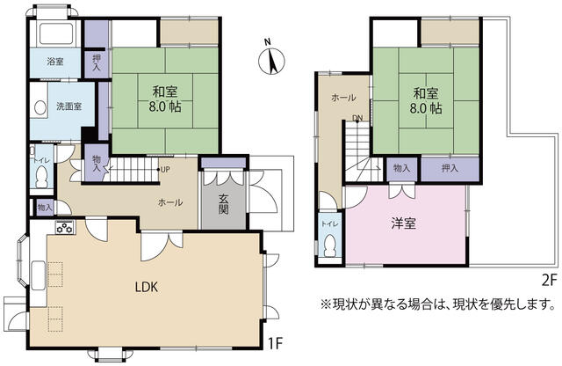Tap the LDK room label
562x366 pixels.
(147, 287)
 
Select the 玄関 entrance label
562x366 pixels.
(223, 204)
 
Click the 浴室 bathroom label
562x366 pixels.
(55, 62)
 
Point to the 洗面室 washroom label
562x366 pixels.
(69, 106)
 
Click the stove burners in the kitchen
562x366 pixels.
(64, 227)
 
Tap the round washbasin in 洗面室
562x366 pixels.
(40, 107)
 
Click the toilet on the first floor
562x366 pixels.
(41, 178)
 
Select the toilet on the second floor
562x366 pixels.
(330, 246)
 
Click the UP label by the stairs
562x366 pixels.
(165, 170)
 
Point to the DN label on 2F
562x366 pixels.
(357, 118)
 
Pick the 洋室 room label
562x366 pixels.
(404, 223)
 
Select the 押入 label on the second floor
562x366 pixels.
(450, 168)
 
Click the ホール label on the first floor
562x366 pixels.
(170, 202)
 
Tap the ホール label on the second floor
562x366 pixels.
(343, 98)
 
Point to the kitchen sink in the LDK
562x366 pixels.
(38, 275)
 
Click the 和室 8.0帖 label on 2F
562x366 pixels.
(426, 100)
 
